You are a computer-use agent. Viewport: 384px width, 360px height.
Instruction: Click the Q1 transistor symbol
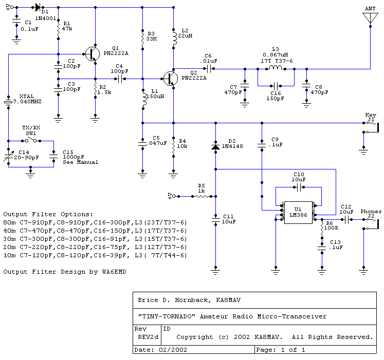[x=93, y=54]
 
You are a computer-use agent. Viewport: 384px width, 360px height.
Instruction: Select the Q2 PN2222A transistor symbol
[x=171, y=79]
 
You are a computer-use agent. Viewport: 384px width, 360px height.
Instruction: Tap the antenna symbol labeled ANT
[x=370, y=18]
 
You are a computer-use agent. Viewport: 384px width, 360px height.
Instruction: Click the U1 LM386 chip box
[x=298, y=213]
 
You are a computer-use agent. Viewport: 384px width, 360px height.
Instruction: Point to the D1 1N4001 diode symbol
[x=38, y=7]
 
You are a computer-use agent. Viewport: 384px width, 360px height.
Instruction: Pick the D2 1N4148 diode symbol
[x=215, y=147]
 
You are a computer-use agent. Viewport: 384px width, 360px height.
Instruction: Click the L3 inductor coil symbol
[x=276, y=68]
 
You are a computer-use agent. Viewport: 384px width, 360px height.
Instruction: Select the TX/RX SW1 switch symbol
[x=31, y=141]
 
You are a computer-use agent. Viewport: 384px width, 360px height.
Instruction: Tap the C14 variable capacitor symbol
[x=9, y=156]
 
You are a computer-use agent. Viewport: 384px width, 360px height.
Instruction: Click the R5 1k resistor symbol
[x=202, y=196]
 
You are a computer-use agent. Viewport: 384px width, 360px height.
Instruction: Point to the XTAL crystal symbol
[x=8, y=102]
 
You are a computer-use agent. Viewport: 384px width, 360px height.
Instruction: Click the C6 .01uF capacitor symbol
[x=209, y=69]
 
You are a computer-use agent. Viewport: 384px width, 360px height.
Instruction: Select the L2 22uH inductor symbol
[x=175, y=37]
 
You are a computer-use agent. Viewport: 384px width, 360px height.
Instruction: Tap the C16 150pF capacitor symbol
[x=276, y=86]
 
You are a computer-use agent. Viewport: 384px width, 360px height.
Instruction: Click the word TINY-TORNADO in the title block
[x=167, y=316]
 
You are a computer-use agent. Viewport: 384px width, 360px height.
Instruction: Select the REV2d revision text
[x=148, y=337]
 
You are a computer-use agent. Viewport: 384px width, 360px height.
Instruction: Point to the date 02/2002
[x=173, y=350]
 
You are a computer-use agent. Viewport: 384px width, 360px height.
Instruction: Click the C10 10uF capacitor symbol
[x=299, y=187]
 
